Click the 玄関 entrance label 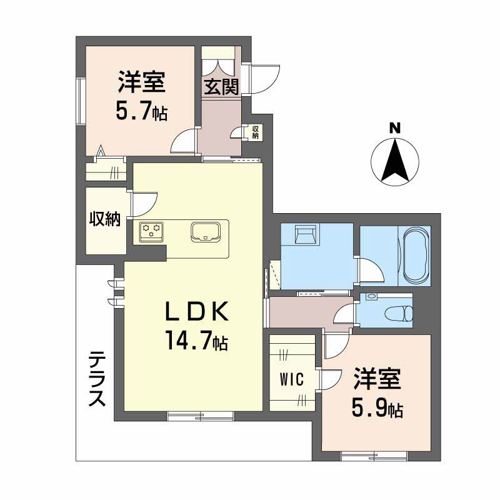tap(221, 87)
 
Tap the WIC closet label tap(292, 379)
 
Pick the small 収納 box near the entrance tap(254, 132)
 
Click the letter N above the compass tap(394, 128)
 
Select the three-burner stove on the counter tap(151, 231)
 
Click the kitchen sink tap(206, 232)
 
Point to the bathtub tap(417, 256)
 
